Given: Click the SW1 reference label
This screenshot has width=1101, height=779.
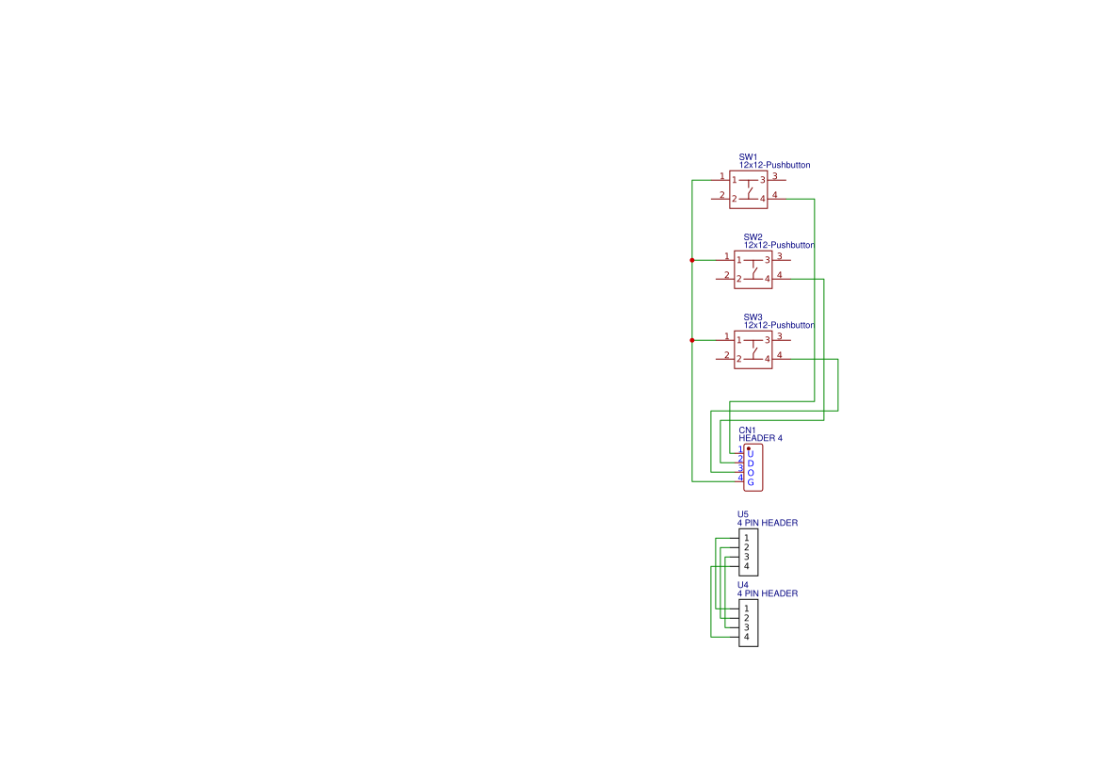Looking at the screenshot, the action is [x=748, y=157].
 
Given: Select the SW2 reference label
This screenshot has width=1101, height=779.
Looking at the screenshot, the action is [x=753, y=237].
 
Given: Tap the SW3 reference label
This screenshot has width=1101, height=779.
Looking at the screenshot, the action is [x=753, y=317].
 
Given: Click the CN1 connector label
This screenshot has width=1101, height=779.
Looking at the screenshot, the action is [x=747, y=430].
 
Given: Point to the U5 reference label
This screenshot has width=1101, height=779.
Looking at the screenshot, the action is [x=743, y=514].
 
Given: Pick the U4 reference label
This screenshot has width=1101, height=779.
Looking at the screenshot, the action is [x=743, y=585].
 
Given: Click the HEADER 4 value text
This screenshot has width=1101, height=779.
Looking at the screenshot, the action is [x=760, y=438].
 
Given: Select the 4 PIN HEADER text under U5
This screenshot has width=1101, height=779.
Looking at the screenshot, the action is [x=768, y=523].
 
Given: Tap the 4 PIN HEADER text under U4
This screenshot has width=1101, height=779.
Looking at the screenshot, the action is [x=768, y=593].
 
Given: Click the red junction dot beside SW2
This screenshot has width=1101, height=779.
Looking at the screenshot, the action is [x=692, y=261].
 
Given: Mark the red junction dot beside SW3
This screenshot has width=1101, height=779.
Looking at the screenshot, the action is [x=692, y=341].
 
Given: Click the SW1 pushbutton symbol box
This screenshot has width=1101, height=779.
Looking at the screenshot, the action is [x=749, y=189].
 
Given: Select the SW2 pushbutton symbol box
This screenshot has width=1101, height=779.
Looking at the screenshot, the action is [x=753, y=269].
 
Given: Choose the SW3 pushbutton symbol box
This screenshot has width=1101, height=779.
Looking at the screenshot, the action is [x=753, y=349].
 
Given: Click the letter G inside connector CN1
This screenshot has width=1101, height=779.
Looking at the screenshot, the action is [x=751, y=482].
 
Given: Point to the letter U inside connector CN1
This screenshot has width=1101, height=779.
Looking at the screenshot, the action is [x=751, y=454].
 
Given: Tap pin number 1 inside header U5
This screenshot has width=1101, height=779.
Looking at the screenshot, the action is [x=747, y=538].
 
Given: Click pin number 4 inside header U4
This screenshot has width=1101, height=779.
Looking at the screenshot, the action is [x=747, y=637].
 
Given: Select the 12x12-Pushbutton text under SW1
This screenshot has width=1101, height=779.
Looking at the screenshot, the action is [x=774, y=165].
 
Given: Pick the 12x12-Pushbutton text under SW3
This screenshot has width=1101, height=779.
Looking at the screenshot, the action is [x=780, y=325].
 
